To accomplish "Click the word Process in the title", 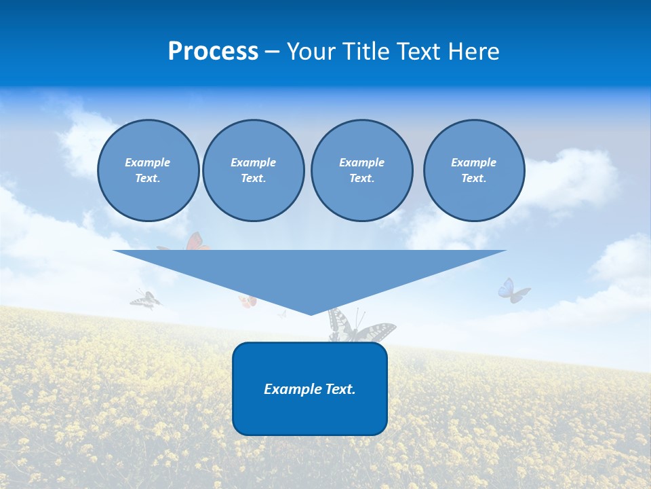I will tap(213, 52).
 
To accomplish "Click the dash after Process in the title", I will tap(272, 52).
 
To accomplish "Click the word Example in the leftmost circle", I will tap(148, 162).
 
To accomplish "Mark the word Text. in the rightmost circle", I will tap(474, 178).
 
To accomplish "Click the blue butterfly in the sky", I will tap(513, 291).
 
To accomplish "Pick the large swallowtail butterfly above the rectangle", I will tap(359, 329).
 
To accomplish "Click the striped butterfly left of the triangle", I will tap(146, 299).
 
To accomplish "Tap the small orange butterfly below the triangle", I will tap(248, 302).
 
